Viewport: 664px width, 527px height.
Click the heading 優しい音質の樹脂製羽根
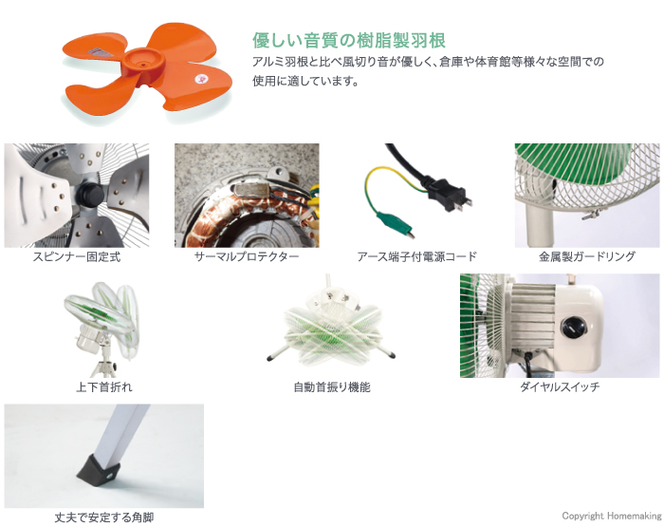tap(349, 41)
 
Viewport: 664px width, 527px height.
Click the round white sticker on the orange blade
tap(199, 79)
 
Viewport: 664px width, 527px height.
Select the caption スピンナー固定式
tap(77, 256)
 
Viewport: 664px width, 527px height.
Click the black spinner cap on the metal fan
tap(90, 195)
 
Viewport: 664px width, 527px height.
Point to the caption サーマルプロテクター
tap(247, 256)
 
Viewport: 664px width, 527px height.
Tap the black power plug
tap(448, 195)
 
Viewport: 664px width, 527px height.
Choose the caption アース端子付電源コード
tap(416, 256)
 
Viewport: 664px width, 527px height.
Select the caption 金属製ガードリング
tap(587, 256)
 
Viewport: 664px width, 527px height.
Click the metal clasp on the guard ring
tap(590, 215)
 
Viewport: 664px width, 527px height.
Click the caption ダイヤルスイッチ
tap(560, 386)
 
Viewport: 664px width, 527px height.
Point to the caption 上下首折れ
tap(104, 386)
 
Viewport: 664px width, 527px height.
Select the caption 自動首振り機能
tap(332, 386)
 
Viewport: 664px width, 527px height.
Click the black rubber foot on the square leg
tap(99, 469)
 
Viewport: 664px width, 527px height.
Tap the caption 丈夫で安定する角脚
tap(104, 518)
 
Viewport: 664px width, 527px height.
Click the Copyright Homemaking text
tap(612, 516)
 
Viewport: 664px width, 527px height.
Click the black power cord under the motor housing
tap(528, 364)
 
